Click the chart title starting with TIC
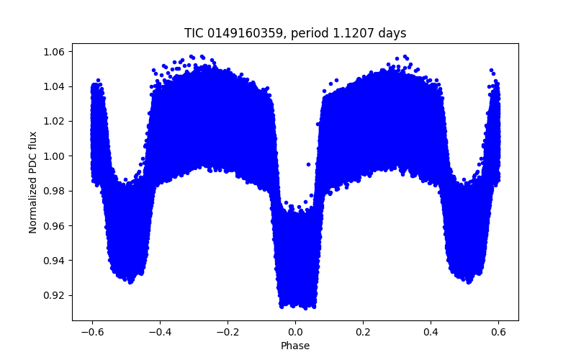(294, 33)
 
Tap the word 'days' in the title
(394, 33)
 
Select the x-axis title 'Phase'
(295, 346)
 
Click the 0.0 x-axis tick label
(295, 332)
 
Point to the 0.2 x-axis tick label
(363, 332)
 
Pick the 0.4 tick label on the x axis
(431, 332)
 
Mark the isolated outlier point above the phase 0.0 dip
(308, 164)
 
